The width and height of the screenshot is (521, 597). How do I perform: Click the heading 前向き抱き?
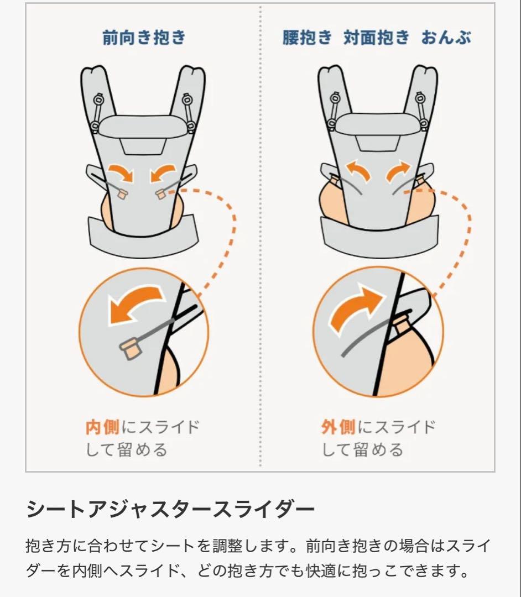click(x=144, y=38)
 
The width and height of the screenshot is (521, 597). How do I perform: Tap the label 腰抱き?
click(x=306, y=38)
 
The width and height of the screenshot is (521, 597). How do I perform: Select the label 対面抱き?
click(x=376, y=38)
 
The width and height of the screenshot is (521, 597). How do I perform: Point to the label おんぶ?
click(x=446, y=38)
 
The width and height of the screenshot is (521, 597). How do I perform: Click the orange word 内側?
click(x=102, y=427)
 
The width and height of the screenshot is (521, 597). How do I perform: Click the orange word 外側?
click(x=338, y=427)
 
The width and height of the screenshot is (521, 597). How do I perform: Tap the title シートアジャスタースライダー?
click(x=170, y=509)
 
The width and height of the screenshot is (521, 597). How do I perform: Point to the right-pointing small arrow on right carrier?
click(x=398, y=171)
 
